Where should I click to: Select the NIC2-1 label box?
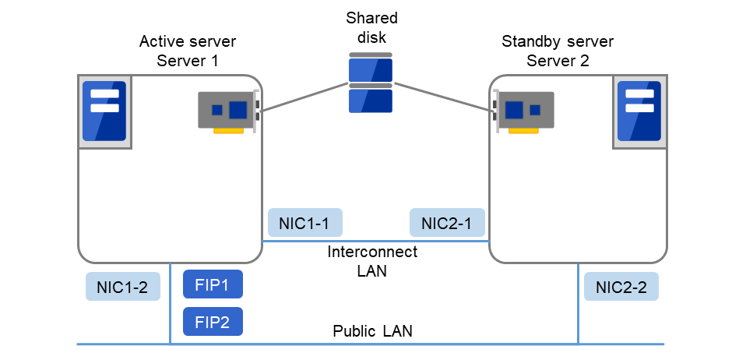pyautogui.click(x=447, y=223)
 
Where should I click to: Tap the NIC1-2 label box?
pyautogui.click(x=122, y=287)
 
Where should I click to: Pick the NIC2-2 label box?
pyautogui.click(x=621, y=287)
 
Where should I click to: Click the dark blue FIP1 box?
pyautogui.click(x=213, y=284)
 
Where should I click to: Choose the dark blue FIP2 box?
pyautogui.click(x=213, y=321)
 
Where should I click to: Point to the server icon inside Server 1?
pyautogui.click(x=104, y=111)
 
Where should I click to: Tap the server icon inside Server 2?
pyautogui.click(x=639, y=111)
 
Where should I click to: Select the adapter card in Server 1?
pyautogui.click(x=228, y=111)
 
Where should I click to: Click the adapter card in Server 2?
pyautogui.click(x=524, y=111)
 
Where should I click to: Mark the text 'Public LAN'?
pyautogui.click(x=372, y=331)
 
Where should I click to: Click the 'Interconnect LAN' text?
pyautogui.click(x=372, y=262)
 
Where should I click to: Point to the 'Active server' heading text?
pyautogui.click(x=188, y=41)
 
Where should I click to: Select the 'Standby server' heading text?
pyautogui.click(x=558, y=41)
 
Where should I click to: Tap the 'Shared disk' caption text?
pyautogui.click(x=371, y=26)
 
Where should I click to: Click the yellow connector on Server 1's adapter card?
pyautogui.click(x=228, y=131)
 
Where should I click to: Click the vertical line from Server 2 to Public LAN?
pyautogui.click(x=578, y=304)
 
